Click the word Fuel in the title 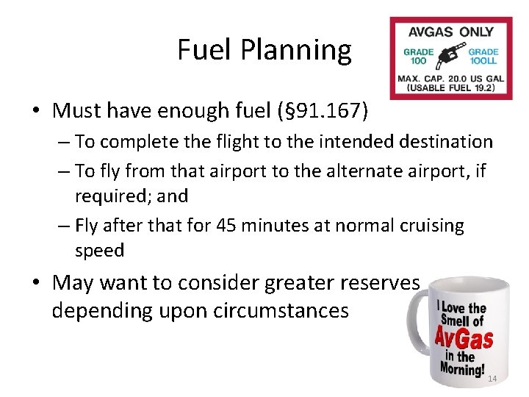(204, 50)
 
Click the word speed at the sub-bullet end (99, 251)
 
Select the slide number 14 (492, 379)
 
